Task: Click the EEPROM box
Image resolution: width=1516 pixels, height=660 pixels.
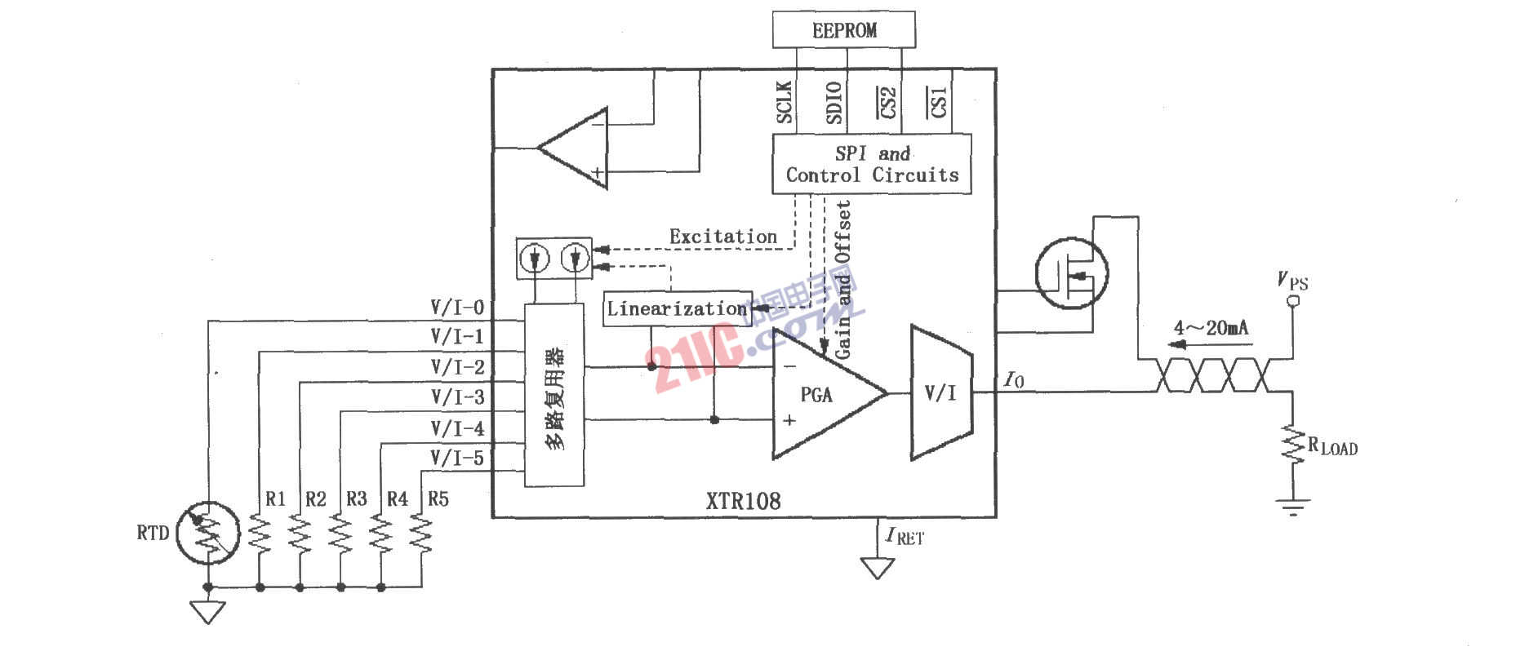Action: pyautogui.click(x=843, y=30)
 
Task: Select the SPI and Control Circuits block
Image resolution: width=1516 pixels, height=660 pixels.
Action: pyautogui.click(x=872, y=164)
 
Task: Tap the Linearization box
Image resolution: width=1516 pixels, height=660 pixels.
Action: pyautogui.click(x=677, y=308)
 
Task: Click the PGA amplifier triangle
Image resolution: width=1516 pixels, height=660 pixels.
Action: pyautogui.click(x=820, y=395)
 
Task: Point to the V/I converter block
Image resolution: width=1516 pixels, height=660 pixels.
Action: pyautogui.click(x=940, y=392)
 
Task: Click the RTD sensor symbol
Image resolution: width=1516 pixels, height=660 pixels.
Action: pyautogui.click(x=208, y=533)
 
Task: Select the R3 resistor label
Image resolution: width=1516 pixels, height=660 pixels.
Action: pyautogui.click(x=357, y=498)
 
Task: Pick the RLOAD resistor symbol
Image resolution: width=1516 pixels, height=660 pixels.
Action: pyautogui.click(x=1292, y=445)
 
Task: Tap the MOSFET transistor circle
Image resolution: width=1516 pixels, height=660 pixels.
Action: pyautogui.click(x=1071, y=272)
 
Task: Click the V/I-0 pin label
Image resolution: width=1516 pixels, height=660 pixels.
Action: pyautogui.click(x=457, y=308)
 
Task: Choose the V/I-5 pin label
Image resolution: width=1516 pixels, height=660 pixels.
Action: pyautogui.click(x=457, y=458)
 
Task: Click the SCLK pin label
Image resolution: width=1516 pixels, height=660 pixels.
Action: pyautogui.click(x=785, y=102)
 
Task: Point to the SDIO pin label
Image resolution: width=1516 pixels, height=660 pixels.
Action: pyautogui.click(x=834, y=102)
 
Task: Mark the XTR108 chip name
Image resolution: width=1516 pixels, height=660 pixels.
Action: pyautogui.click(x=743, y=500)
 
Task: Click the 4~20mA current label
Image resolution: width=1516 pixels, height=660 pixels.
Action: pyautogui.click(x=1211, y=328)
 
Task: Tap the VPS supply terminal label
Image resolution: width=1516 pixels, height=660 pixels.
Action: pyautogui.click(x=1292, y=281)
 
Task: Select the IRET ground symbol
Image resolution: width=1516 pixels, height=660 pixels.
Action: pyautogui.click(x=878, y=567)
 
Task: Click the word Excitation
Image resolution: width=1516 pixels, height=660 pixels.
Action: pyautogui.click(x=723, y=237)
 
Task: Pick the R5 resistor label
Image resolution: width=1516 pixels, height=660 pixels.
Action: pyautogui.click(x=438, y=498)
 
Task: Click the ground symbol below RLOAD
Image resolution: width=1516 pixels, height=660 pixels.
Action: pyautogui.click(x=1292, y=507)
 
